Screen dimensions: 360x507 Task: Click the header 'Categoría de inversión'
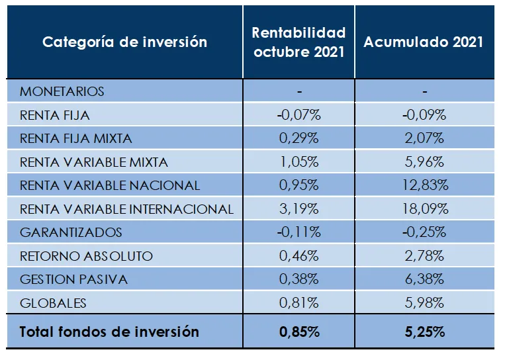tap(124, 42)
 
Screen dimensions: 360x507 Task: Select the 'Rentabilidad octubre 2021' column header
tap(299, 42)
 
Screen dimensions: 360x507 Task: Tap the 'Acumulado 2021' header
tap(424, 42)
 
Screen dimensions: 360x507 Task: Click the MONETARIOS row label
tap(62, 91)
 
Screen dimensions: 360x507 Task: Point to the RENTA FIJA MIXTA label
tap(76, 138)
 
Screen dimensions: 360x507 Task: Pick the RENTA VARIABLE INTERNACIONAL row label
tap(126, 209)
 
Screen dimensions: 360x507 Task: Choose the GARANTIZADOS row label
tap(71, 232)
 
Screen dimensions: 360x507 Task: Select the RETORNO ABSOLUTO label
tap(86, 256)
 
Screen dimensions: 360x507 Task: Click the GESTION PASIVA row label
tap(73, 279)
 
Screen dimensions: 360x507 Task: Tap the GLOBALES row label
tap(53, 303)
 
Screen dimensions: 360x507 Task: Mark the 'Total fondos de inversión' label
tap(109, 332)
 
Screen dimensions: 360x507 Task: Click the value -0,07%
tap(299, 115)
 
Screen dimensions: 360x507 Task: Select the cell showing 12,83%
tap(424, 185)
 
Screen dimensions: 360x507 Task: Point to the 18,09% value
tap(424, 209)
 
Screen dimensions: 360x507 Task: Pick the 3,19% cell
tap(299, 209)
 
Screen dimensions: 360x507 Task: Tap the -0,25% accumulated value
tap(424, 232)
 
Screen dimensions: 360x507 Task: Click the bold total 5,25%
tap(424, 332)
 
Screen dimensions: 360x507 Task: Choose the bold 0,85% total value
tap(299, 332)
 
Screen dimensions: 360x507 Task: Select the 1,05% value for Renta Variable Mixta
tap(299, 162)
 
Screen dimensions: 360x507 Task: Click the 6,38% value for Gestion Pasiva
tap(424, 279)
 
